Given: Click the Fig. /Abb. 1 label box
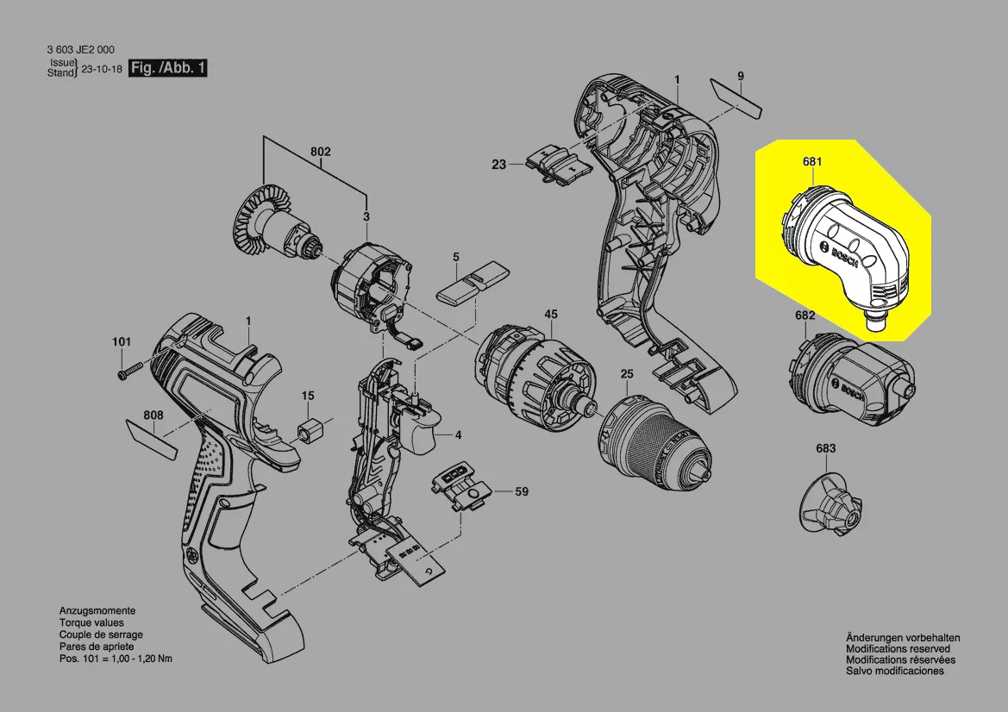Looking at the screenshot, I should [167, 68].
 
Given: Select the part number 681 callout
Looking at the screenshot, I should [811, 161].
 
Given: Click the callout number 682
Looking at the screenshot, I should [805, 315].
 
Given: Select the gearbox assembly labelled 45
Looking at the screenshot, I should [535, 371].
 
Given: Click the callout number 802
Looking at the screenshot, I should [321, 152].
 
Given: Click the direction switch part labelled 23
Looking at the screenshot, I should [557, 163].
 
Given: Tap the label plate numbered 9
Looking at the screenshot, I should [738, 97].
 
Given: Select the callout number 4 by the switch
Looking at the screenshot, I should [458, 434].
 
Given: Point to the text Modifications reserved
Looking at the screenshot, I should [898, 648].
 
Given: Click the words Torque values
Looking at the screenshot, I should [91, 622].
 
